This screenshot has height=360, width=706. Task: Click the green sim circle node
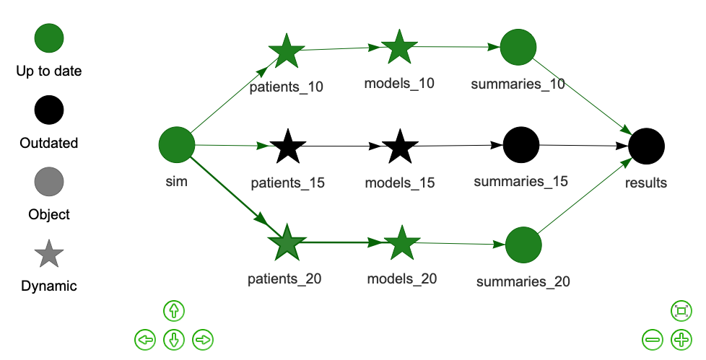pos(177,145)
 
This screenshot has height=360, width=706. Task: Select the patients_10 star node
pos(287,51)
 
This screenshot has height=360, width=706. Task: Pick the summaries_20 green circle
pos(523,245)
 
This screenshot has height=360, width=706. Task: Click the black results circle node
pos(646,146)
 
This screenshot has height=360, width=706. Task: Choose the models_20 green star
pos(401,243)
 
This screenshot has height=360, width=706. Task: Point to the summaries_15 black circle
pos(521,145)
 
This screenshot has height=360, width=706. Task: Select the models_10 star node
pos(399,47)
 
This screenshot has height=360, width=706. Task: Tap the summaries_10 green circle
pos(518,47)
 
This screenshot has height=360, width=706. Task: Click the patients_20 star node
pos(287,243)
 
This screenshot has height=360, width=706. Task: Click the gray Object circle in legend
pos(49,182)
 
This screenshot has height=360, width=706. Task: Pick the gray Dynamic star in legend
pos(49,254)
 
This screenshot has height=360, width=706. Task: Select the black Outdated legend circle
pos(49,110)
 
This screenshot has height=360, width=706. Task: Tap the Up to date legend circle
pos(49,38)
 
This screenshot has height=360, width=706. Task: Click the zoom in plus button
pos(681,340)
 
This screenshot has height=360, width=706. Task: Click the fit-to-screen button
pos(681,311)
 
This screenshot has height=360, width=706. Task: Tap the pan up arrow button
pos(174,311)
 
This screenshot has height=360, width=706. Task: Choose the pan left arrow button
pos(145,340)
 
